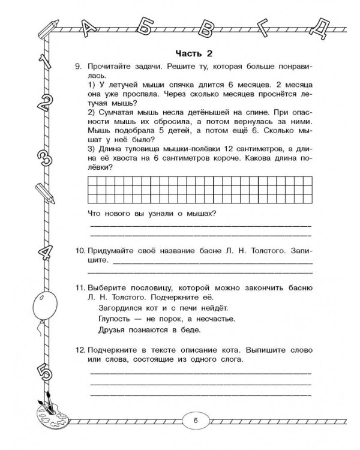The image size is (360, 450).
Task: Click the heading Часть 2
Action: coord(196,52)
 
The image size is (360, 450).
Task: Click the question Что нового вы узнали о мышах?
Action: coord(152,214)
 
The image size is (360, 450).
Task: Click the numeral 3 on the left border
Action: coord(47,157)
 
